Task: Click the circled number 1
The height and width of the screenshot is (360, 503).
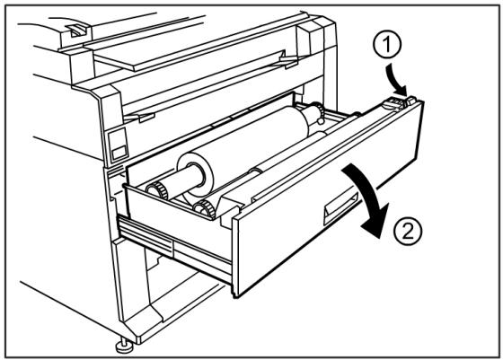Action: pyautogui.click(x=387, y=45)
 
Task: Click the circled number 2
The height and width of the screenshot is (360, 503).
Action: pyautogui.click(x=408, y=231)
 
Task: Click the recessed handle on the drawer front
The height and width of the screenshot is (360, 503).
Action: pyautogui.click(x=340, y=208)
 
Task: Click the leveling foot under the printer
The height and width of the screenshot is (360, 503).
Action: pyautogui.click(x=124, y=346)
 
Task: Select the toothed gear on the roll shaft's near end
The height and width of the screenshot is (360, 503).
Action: pyautogui.click(x=158, y=189)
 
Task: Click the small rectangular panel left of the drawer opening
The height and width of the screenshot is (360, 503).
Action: pyautogui.click(x=118, y=145)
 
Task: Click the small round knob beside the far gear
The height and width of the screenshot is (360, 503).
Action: pyautogui.click(x=321, y=121)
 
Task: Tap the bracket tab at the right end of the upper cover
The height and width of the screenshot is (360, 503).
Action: pyautogui.click(x=288, y=60)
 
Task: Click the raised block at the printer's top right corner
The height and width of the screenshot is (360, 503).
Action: pyautogui.click(x=316, y=35)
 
